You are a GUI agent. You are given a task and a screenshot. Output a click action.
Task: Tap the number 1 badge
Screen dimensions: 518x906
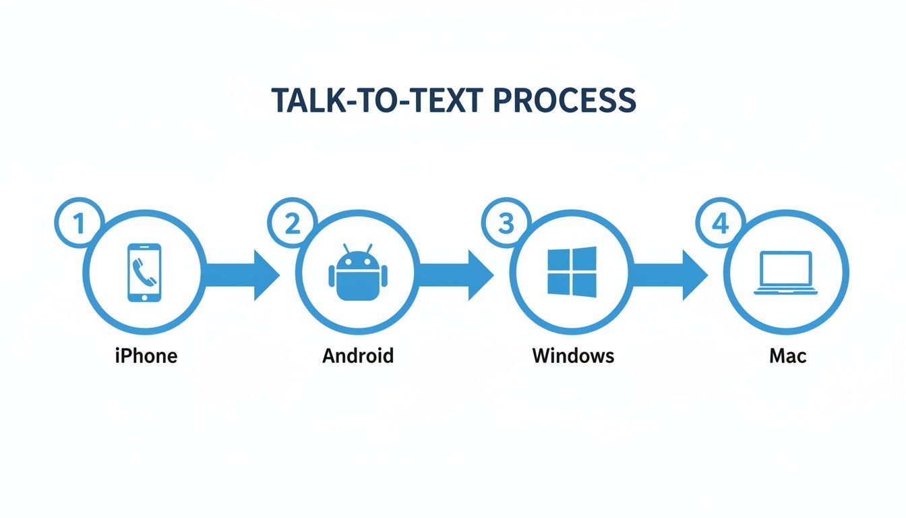pos(79,223)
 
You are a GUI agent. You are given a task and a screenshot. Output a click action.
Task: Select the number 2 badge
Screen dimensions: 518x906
pos(293,223)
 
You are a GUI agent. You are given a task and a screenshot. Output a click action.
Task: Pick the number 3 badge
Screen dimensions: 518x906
pos(506,223)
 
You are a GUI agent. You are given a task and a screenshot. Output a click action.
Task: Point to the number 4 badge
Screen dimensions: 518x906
pos(721,223)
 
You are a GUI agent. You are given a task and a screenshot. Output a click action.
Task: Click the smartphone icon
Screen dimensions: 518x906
pos(144,272)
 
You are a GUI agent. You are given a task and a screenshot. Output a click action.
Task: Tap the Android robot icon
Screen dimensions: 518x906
pos(358,275)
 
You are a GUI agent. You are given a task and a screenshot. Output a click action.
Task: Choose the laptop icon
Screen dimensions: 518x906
pos(786,273)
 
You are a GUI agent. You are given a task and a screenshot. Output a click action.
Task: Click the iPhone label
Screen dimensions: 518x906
pos(146,355)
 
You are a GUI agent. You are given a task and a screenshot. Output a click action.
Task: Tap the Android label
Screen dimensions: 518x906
pos(358,355)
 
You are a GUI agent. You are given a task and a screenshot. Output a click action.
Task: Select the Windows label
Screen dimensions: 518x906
pos(573,355)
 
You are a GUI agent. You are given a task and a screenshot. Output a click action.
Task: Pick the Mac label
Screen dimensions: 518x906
pos(787,355)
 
